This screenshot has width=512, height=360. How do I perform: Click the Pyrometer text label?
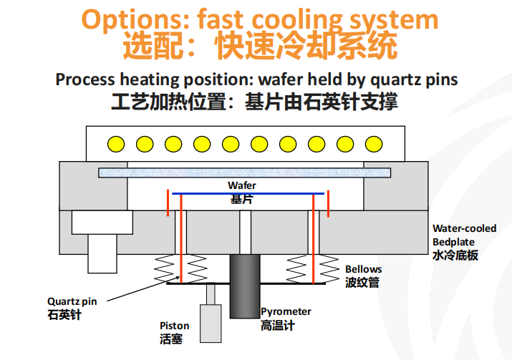(286, 311)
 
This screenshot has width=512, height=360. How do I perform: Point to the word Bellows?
(364, 269)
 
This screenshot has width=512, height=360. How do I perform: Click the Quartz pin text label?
(72, 301)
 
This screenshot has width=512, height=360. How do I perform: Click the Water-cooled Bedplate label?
(464, 235)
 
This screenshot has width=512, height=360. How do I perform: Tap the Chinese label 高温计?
(278, 326)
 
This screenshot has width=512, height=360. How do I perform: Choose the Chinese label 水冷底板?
(455, 255)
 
